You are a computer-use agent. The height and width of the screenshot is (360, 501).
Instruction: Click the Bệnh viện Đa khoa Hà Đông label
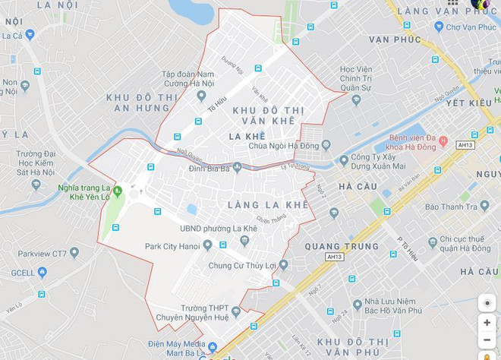click(x=424, y=142)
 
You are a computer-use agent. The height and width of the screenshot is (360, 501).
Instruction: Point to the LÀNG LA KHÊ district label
click(x=267, y=205)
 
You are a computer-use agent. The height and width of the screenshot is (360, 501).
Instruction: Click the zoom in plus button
click(x=487, y=323)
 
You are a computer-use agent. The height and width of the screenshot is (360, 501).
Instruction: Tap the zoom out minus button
click(x=487, y=340)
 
